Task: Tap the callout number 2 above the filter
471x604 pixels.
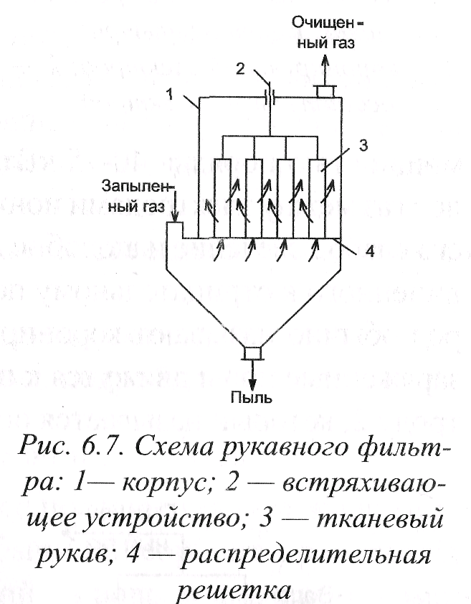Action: pyautogui.click(x=242, y=70)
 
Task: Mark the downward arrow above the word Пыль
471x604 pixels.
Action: pyautogui.click(x=252, y=373)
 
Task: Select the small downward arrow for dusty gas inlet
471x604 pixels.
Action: pyautogui.click(x=173, y=213)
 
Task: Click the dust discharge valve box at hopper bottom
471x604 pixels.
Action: pyautogui.click(x=252, y=353)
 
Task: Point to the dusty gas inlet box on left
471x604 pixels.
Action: pyautogui.click(x=174, y=231)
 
